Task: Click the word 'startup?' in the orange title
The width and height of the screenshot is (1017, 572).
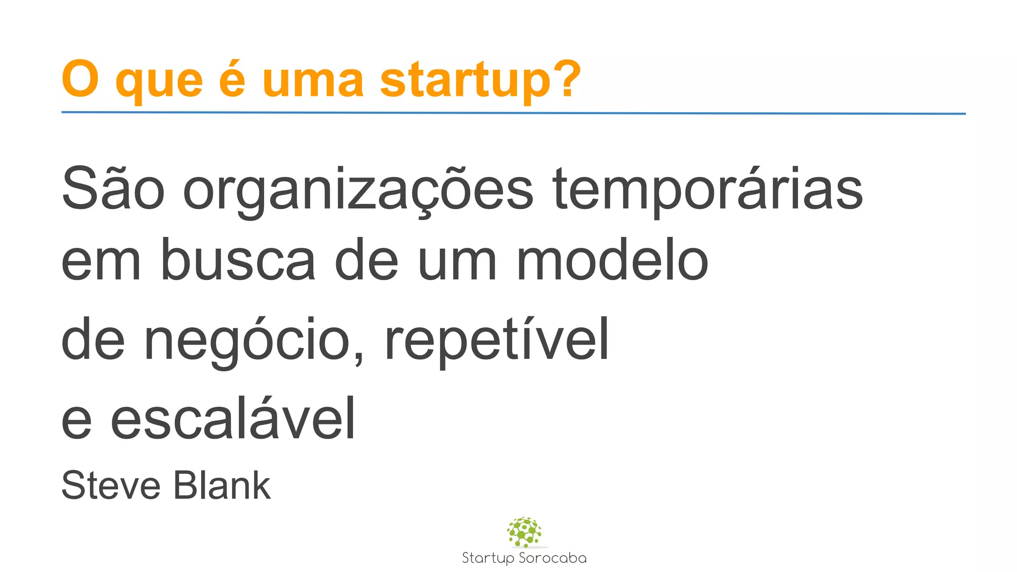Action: (480, 80)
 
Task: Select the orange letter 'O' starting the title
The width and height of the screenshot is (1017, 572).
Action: (80, 78)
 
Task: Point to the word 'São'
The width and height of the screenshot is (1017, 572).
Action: (113, 189)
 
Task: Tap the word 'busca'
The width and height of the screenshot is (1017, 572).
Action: (238, 261)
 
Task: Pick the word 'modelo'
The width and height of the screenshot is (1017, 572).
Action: (612, 261)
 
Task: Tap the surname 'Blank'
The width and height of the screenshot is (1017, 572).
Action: (222, 485)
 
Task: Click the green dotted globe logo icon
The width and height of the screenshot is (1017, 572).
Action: (524, 532)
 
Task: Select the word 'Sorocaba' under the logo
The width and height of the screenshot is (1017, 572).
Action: (552, 558)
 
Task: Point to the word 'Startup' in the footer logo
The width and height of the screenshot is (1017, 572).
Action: (488, 559)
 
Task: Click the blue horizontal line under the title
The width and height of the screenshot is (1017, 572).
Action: (513, 113)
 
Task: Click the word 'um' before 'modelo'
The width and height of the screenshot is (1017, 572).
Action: (457, 261)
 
